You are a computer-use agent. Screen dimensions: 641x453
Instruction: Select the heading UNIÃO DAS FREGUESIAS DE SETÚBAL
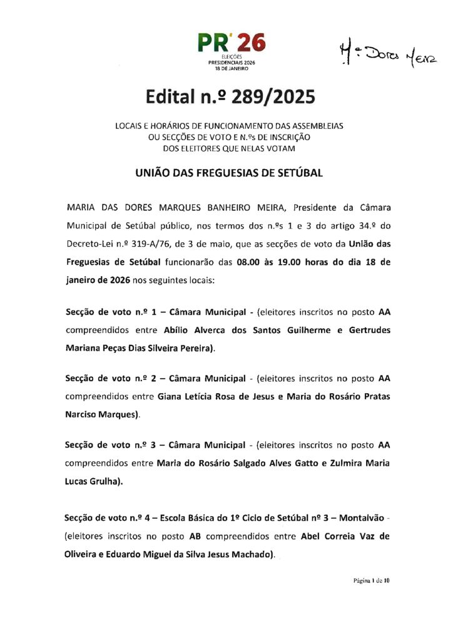tap(229, 173)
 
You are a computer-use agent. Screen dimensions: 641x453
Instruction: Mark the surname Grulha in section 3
tap(106, 481)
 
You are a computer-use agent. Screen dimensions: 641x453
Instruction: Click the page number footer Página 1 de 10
tap(372, 580)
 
